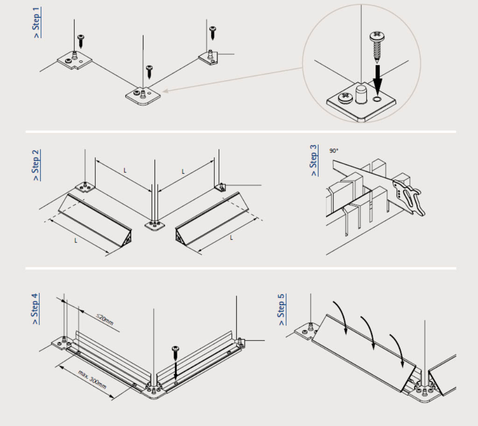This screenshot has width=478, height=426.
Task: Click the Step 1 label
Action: coord(36,22)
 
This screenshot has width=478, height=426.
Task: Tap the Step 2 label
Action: coord(36,165)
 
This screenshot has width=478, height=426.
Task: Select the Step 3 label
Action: coord(313,161)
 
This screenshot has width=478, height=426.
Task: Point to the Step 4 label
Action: coord(35,309)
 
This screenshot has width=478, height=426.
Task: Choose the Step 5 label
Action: coord(281,309)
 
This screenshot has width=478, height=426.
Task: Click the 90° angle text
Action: coord(334,151)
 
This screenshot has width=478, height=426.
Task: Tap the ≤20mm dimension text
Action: coord(105,319)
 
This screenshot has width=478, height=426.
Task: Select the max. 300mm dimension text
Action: coord(92,380)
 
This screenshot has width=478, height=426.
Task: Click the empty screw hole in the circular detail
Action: coord(377,99)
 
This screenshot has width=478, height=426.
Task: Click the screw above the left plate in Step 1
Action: coord(81,42)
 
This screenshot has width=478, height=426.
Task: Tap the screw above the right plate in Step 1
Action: coord(212,33)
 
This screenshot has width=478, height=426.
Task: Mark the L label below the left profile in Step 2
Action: coord(76,241)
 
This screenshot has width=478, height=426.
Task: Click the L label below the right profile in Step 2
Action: coord(232,237)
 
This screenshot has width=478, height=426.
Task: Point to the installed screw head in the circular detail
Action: coord(346,97)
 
